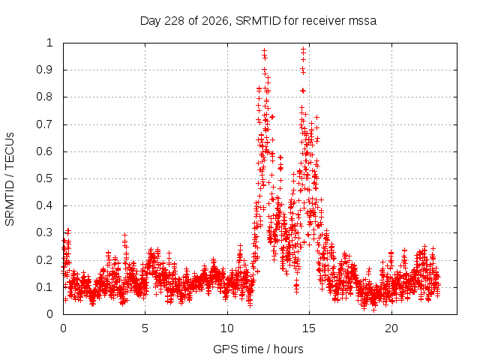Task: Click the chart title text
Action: [x=258, y=21]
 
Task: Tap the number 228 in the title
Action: [x=175, y=21]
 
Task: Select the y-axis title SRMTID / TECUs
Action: [x=10, y=179]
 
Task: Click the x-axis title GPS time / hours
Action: [x=258, y=349]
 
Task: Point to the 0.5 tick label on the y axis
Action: [x=44, y=178]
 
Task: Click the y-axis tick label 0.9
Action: [x=44, y=70]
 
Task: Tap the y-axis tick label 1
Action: [x=49, y=43]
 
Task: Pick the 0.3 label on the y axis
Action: [x=44, y=232]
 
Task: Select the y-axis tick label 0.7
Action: [x=44, y=124]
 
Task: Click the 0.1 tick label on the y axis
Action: [x=44, y=287]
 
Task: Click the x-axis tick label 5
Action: [x=145, y=328]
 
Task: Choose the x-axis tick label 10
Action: [x=227, y=328]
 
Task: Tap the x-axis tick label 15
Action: [x=309, y=328]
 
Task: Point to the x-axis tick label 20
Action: [x=391, y=328]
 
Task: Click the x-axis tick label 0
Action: [x=63, y=328]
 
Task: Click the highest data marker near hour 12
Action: [x=264, y=50]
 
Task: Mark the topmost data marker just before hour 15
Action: [x=303, y=49]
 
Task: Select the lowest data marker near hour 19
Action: [x=373, y=310]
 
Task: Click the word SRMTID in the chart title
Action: [x=258, y=21]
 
